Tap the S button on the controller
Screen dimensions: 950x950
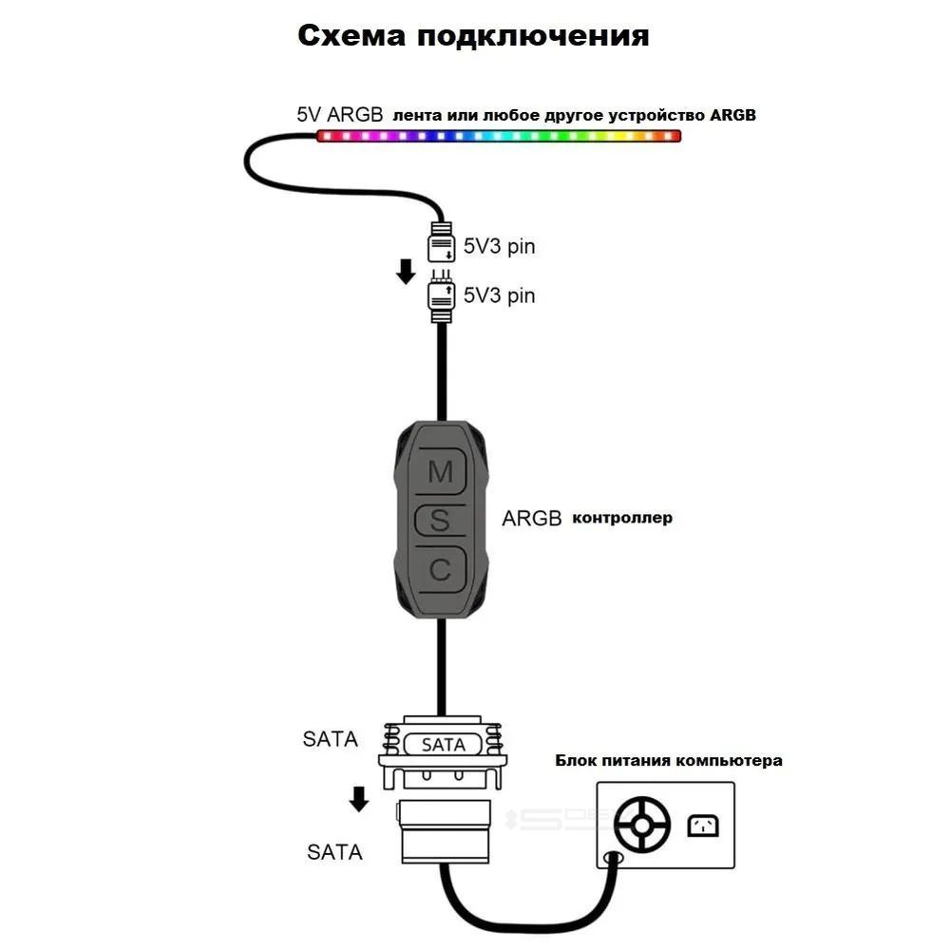[x=440, y=520]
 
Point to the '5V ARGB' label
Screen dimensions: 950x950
[x=339, y=114]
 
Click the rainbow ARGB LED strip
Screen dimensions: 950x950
[x=499, y=136]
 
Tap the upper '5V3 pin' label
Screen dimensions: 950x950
[x=499, y=247]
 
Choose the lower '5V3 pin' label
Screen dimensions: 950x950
[x=499, y=295]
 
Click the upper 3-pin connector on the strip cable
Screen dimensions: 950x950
[x=442, y=243]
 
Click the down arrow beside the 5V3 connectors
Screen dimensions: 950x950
[x=406, y=272]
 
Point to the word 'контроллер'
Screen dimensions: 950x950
[x=622, y=518]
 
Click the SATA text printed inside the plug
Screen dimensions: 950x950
[x=443, y=746]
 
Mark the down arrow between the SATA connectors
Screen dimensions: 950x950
[x=358, y=799]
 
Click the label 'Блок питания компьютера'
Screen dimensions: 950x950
[x=669, y=761]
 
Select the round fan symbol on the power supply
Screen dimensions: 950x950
[x=642, y=824]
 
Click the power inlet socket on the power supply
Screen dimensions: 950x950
[x=702, y=825]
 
